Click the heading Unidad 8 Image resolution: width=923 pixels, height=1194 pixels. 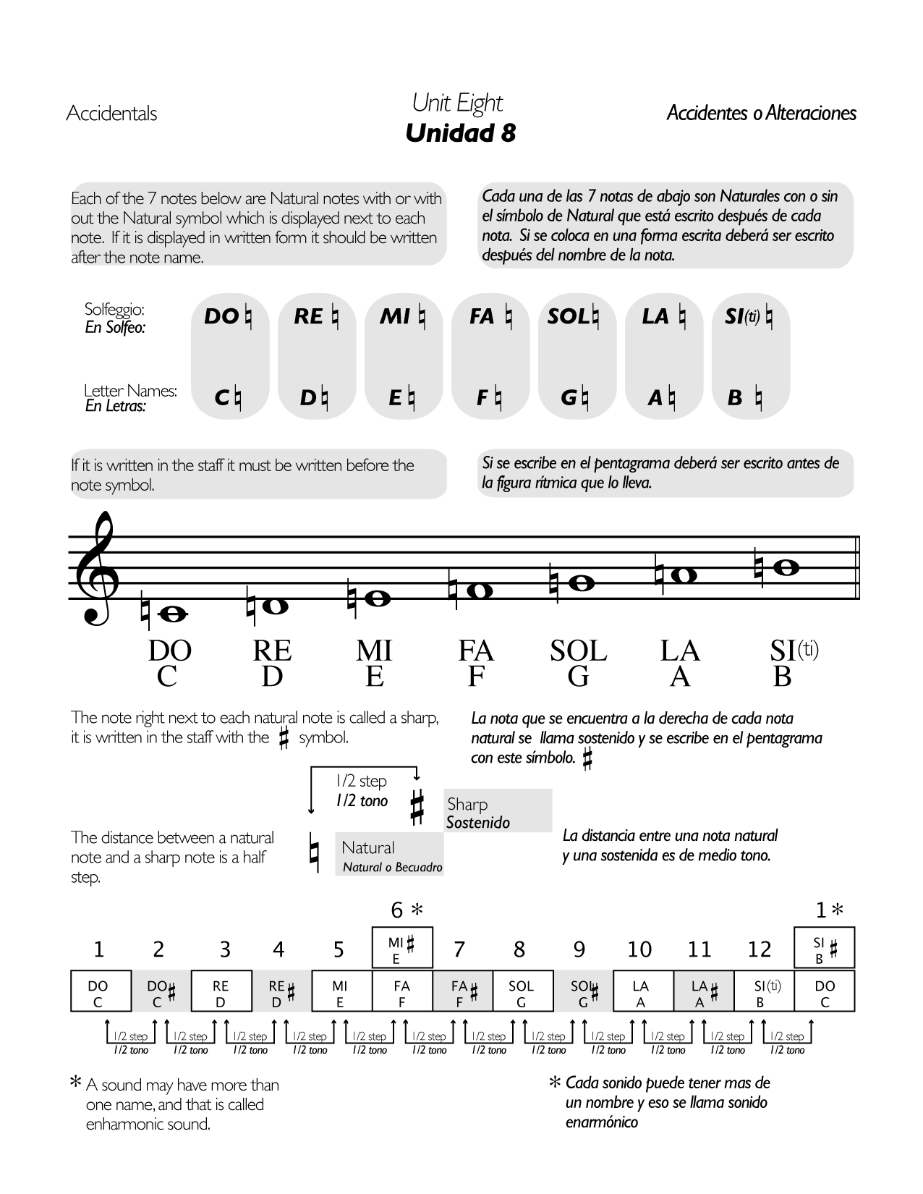(461, 133)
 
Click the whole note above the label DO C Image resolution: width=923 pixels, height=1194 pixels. (175, 614)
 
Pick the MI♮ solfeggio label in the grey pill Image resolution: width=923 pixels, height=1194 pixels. (402, 317)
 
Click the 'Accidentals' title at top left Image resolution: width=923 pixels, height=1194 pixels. (111, 114)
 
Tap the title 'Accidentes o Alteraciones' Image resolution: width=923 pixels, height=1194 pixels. (761, 114)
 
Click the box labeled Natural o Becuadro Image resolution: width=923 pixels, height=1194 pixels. (389, 854)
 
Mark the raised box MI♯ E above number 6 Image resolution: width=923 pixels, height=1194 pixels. (402, 947)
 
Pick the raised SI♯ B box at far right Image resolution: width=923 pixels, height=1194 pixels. (825, 947)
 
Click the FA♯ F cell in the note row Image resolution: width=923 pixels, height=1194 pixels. (462, 991)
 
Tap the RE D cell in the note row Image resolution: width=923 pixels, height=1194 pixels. (221, 991)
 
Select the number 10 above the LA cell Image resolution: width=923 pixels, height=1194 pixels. (639, 949)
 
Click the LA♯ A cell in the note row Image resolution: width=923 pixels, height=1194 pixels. (703, 991)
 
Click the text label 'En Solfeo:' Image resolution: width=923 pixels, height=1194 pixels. (116, 328)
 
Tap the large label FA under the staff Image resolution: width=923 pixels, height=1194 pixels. (475, 651)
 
